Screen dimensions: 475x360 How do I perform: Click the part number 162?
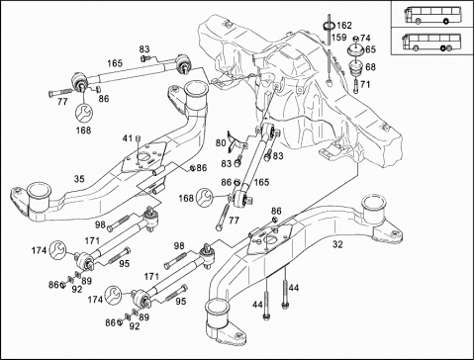(x=344, y=25)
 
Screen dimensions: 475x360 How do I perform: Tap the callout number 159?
(x=338, y=38)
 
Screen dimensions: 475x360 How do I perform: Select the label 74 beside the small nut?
(x=365, y=38)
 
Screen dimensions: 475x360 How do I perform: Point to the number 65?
(x=370, y=49)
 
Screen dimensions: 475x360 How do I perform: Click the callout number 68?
(x=370, y=67)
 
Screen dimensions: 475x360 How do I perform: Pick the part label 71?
(x=365, y=84)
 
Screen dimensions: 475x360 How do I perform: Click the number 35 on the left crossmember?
(x=79, y=179)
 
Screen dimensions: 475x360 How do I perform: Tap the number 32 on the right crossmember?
(x=337, y=244)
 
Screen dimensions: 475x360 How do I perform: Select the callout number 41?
(x=128, y=138)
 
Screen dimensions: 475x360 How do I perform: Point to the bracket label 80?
(x=221, y=143)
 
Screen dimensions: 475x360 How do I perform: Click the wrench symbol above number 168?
(x=84, y=113)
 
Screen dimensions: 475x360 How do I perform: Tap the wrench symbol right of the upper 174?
(x=57, y=249)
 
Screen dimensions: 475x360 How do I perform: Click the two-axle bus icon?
(x=427, y=15)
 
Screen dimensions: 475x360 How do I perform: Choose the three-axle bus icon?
(x=427, y=42)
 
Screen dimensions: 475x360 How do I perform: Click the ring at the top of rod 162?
(x=330, y=25)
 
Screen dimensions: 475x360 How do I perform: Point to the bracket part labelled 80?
(x=237, y=142)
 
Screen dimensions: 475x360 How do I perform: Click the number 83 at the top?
(x=144, y=49)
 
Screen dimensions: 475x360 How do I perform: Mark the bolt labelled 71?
(x=355, y=86)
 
